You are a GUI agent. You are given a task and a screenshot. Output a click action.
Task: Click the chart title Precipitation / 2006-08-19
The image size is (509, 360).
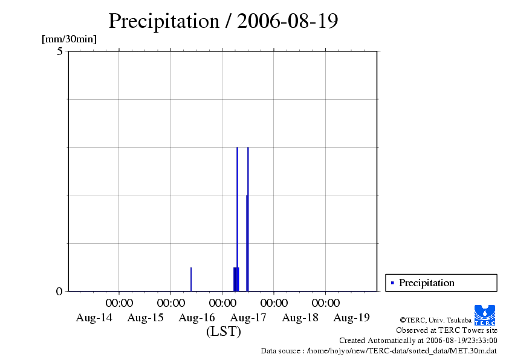(x=223, y=21)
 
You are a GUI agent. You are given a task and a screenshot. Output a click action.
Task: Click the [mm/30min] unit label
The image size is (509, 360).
(x=69, y=39)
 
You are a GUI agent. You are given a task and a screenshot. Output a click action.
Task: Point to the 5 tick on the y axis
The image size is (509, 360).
(x=59, y=51)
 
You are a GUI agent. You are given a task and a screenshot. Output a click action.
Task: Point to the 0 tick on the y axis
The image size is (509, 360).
(x=59, y=291)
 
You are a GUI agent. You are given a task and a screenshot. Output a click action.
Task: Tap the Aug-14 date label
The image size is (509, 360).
(x=94, y=318)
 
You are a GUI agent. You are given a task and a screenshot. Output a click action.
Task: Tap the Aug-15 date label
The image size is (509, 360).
(x=145, y=318)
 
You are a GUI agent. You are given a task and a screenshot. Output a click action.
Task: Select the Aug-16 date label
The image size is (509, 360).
(x=197, y=318)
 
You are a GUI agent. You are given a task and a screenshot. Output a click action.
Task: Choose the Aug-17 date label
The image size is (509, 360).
(x=248, y=318)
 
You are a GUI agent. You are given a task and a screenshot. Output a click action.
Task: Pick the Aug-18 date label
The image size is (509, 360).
(x=300, y=318)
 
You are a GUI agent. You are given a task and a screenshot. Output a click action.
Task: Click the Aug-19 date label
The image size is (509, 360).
(x=352, y=318)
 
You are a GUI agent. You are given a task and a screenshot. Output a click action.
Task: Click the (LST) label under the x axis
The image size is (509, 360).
(x=223, y=332)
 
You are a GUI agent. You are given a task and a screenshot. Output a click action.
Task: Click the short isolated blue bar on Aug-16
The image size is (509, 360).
(x=191, y=279)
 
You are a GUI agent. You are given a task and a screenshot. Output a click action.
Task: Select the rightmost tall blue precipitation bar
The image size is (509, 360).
(x=248, y=218)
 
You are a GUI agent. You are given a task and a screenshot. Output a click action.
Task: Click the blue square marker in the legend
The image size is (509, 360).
(x=392, y=283)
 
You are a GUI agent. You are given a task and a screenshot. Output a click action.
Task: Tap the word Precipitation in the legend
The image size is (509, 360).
(x=426, y=283)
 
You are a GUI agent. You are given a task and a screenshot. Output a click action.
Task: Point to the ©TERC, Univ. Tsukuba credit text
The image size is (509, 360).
(x=435, y=319)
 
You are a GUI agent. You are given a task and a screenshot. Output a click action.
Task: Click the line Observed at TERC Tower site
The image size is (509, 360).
(x=446, y=330)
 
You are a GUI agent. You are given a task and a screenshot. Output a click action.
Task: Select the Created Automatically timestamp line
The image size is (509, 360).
(x=418, y=340)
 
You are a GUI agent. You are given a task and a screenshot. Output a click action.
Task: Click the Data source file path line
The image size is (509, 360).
(x=378, y=350)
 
